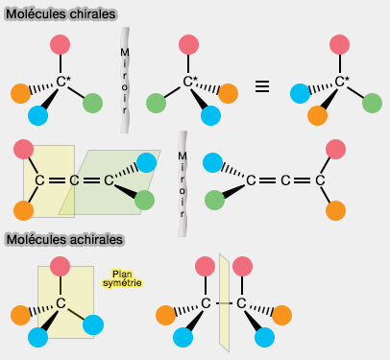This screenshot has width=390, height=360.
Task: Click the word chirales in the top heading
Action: (90, 14)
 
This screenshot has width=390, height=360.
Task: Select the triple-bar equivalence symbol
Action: (261, 86)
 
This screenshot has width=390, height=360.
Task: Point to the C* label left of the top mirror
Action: (63, 82)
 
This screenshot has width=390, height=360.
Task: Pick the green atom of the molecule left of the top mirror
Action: (93, 102)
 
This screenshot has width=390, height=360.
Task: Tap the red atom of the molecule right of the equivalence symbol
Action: (338, 44)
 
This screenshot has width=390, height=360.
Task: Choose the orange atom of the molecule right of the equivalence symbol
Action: (318, 115)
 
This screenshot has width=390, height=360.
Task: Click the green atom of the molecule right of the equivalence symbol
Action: (370, 101)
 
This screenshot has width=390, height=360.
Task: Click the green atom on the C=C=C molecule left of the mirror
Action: (144, 200)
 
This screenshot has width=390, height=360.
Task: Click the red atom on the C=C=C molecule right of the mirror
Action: (335, 149)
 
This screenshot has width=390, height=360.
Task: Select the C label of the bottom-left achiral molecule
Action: (60, 303)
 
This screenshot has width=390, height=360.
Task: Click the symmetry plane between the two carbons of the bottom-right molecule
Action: (224, 302)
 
